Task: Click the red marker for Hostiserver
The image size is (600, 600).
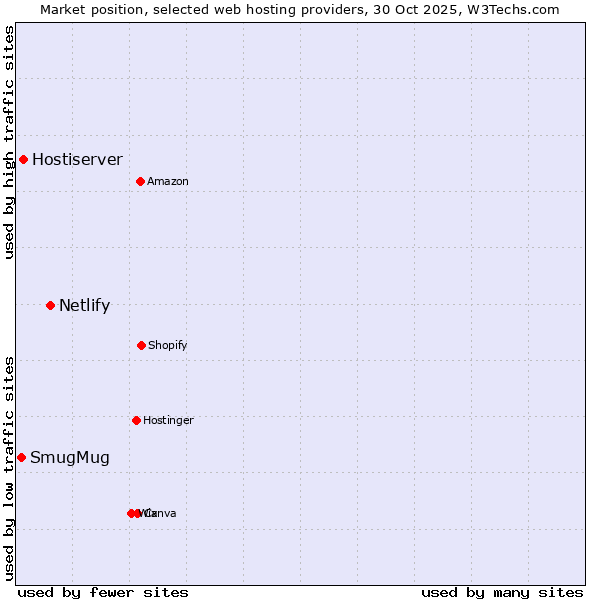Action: pyautogui.click(x=23, y=159)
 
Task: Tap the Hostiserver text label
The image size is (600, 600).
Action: pyautogui.click(x=77, y=159)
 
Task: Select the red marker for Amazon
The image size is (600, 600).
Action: pyautogui.click(x=141, y=181)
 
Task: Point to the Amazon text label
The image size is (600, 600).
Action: pyautogui.click(x=168, y=181)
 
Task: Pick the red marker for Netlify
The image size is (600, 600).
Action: pyautogui.click(x=50, y=305)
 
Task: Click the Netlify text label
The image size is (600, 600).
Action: pyautogui.click(x=84, y=306)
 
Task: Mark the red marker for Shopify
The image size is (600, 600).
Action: pyautogui.click(x=141, y=345)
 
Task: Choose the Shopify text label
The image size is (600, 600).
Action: pyautogui.click(x=168, y=345)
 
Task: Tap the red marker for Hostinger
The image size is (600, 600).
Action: pyautogui.click(x=136, y=420)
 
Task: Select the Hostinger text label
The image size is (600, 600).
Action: pyautogui.click(x=168, y=420)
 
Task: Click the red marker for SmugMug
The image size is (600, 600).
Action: pyautogui.click(x=21, y=457)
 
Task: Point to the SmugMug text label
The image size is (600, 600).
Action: pyautogui.click(x=70, y=458)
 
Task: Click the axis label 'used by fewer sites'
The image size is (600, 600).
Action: pyautogui.click(x=103, y=592)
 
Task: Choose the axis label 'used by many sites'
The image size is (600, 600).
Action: pyautogui.click(x=502, y=592)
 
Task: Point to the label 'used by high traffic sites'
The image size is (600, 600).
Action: pyautogui.click(x=9, y=142)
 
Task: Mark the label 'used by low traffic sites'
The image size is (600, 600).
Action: pyautogui.click(x=9, y=468)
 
